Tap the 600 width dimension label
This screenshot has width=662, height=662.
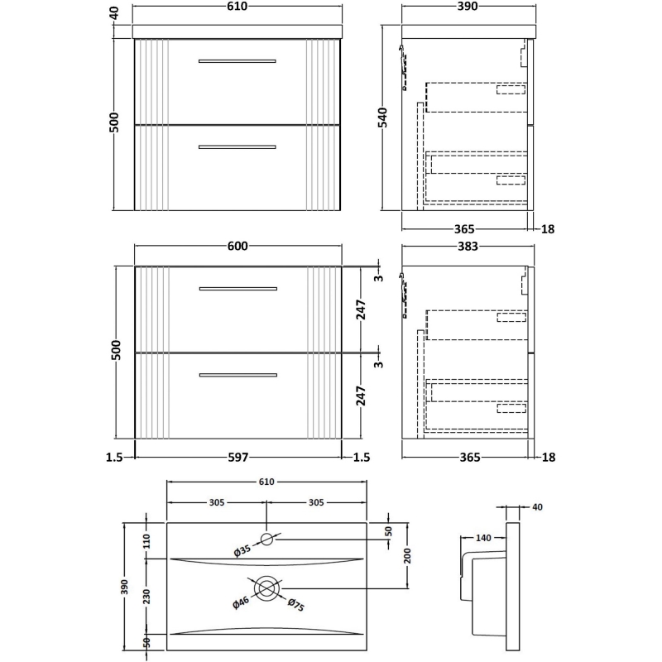(x=238, y=247)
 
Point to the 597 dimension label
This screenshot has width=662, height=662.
(x=238, y=457)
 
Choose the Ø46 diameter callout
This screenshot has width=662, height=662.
(x=241, y=602)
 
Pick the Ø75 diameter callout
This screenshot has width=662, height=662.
(x=295, y=607)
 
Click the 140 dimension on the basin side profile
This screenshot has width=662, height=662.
(x=484, y=539)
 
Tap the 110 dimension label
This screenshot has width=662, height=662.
(x=147, y=541)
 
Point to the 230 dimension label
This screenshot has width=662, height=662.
(x=147, y=597)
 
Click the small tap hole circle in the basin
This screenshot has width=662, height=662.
(x=266, y=540)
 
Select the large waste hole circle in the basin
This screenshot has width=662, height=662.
(x=266, y=588)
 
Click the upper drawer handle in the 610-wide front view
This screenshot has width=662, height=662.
(x=237, y=60)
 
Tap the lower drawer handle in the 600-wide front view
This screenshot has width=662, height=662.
(x=237, y=376)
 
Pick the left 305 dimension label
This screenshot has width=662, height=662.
(x=217, y=502)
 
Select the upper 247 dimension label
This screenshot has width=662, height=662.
(x=362, y=309)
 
